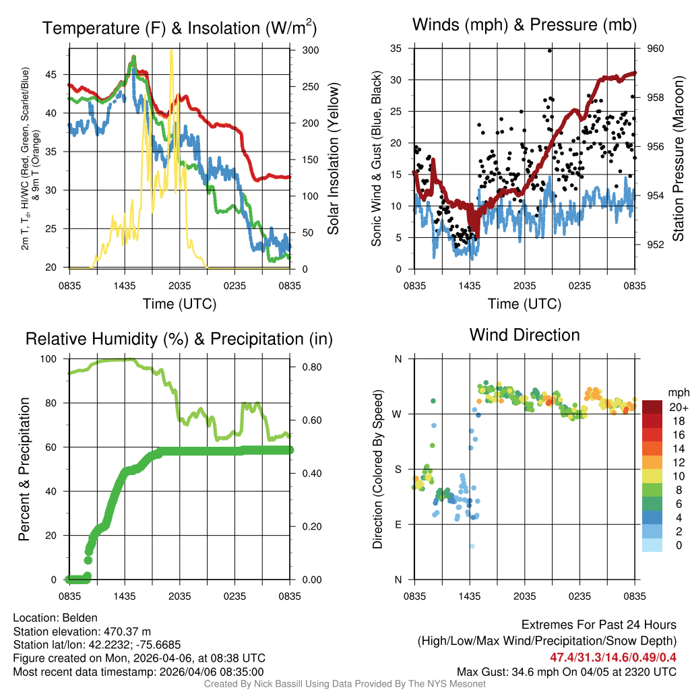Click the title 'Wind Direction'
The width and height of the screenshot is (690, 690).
(x=524, y=335)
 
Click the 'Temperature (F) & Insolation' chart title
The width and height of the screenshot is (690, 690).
(x=179, y=28)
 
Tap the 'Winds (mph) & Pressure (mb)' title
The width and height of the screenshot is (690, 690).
(x=524, y=26)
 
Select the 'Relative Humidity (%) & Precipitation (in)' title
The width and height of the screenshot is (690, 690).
(x=179, y=339)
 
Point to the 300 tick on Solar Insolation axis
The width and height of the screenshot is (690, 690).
(x=311, y=51)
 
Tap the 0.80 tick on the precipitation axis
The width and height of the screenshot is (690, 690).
(x=313, y=367)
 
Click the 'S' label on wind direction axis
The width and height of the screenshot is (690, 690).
(x=398, y=469)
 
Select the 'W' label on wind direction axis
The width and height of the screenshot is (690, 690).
(x=398, y=414)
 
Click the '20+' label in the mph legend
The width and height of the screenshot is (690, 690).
(x=679, y=407)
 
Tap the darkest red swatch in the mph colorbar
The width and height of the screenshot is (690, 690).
(x=652, y=407)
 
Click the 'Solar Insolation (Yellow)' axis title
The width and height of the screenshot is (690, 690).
(x=333, y=159)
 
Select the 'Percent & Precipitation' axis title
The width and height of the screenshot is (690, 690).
(x=24, y=469)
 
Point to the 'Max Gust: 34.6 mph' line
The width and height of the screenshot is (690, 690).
(x=566, y=671)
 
